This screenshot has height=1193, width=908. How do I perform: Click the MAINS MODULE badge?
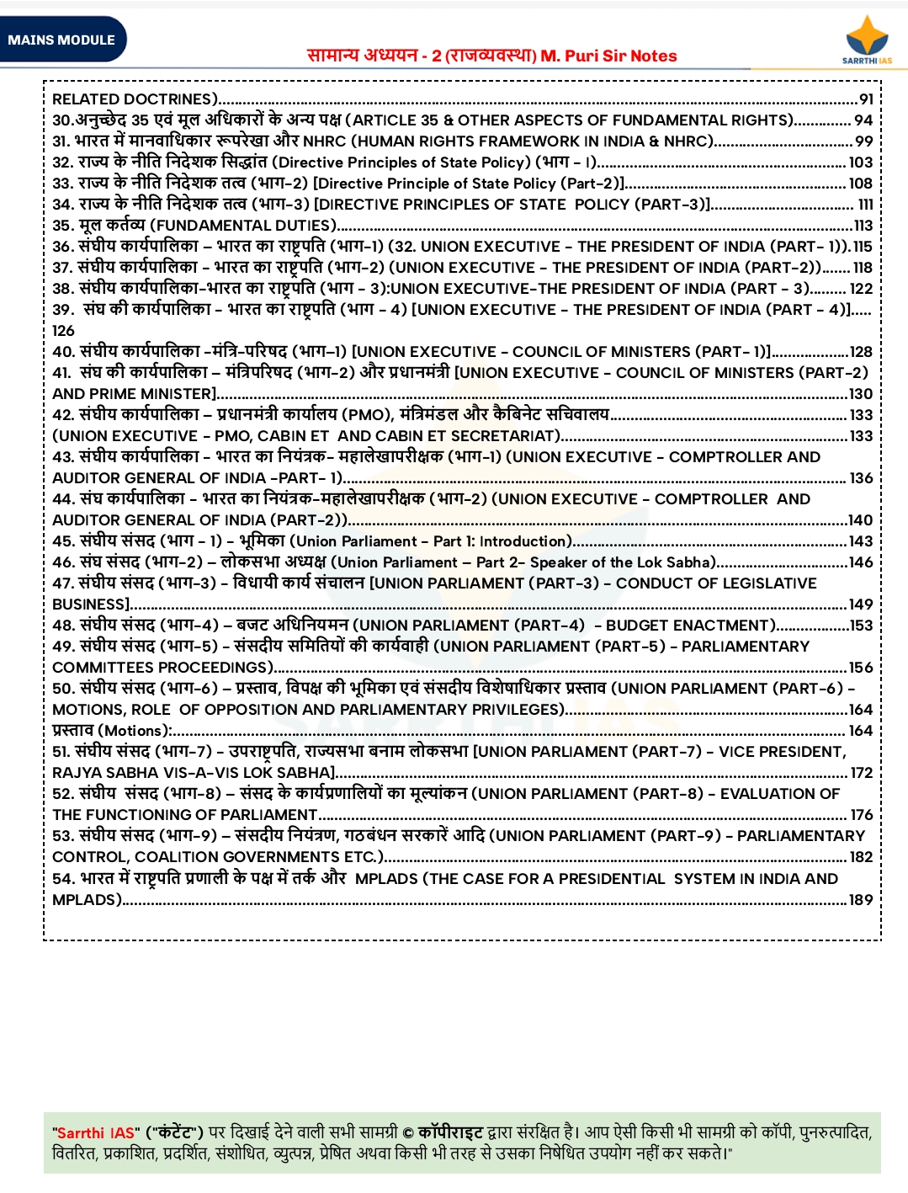tap(61, 40)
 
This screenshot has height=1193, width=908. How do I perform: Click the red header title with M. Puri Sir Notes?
tap(492, 56)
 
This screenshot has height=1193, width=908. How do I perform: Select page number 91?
tap(866, 99)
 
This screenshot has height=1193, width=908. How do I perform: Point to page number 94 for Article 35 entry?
tap(863, 120)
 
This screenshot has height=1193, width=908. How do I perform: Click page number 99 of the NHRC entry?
tap(864, 141)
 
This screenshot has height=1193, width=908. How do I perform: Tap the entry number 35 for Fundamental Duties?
tap(62, 226)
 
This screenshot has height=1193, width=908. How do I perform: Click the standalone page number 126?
tap(63, 331)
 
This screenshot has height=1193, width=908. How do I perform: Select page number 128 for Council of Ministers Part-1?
tap(861, 352)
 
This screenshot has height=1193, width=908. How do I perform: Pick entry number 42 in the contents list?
tap(63, 415)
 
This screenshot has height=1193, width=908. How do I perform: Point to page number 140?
tap(861, 520)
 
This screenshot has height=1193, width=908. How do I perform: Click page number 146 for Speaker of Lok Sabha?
tap(861, 562)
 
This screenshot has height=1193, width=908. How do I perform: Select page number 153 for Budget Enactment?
tap(861, 626)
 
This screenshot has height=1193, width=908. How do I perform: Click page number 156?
tap(861, 668)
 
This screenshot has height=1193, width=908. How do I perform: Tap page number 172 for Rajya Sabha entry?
tap(862, 773)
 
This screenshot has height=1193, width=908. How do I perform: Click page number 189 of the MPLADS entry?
tap(861, 900)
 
